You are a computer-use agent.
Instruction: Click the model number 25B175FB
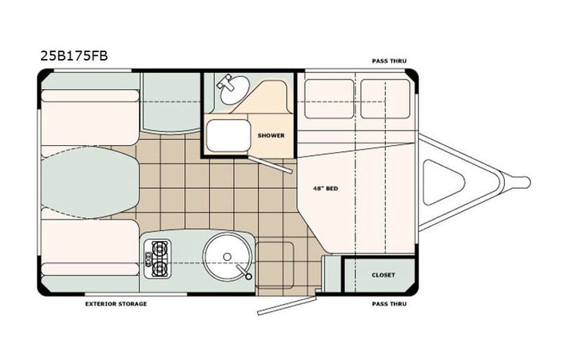74,56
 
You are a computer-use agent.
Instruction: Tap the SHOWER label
271,136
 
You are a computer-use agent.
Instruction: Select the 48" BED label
325,188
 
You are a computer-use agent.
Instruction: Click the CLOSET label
383,275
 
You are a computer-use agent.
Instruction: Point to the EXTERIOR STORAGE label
116,304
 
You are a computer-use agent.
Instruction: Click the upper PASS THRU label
389,61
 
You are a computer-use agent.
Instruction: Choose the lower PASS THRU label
389,304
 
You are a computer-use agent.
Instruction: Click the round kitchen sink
227,256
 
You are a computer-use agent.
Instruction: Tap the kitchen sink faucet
243,271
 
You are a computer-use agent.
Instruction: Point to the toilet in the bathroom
228,135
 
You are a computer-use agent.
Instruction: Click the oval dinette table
90,183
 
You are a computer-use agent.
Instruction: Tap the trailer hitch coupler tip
525,182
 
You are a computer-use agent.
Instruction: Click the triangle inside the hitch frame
444,182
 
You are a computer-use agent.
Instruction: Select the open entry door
288,306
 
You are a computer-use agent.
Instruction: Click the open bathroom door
271,164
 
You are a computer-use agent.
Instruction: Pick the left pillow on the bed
329,99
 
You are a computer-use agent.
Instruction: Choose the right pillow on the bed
385,99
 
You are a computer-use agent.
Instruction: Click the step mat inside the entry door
275,265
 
